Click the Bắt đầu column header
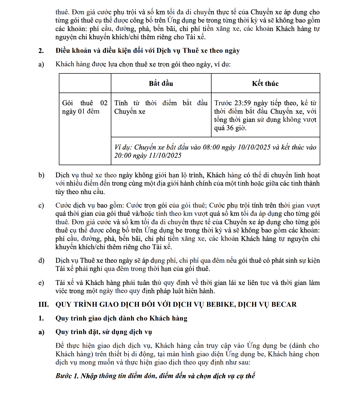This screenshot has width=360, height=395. [x=161, y=84]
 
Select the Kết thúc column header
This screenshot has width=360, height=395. [x=265, y=84]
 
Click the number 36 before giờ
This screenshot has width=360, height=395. [x=230, y=128]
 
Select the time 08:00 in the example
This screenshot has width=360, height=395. [x=211, y=147]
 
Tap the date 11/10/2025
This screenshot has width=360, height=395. [x=165, y=156]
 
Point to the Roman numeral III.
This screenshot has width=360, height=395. [x=43, y=304]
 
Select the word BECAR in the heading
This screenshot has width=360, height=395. [x=284, y=304]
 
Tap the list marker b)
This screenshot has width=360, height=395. [x=41, y=175]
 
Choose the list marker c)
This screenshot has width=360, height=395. [x=41, y=205]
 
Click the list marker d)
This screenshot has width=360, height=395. [x=41, y=261]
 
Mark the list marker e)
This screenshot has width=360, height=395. [x=41, y=283]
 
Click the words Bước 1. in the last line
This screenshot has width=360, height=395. [x=67, y=376]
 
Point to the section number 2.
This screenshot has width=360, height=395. [x=41, y=51]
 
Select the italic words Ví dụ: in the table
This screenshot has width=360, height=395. [x=123, y=147]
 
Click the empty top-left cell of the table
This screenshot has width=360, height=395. [x=85, y=83]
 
